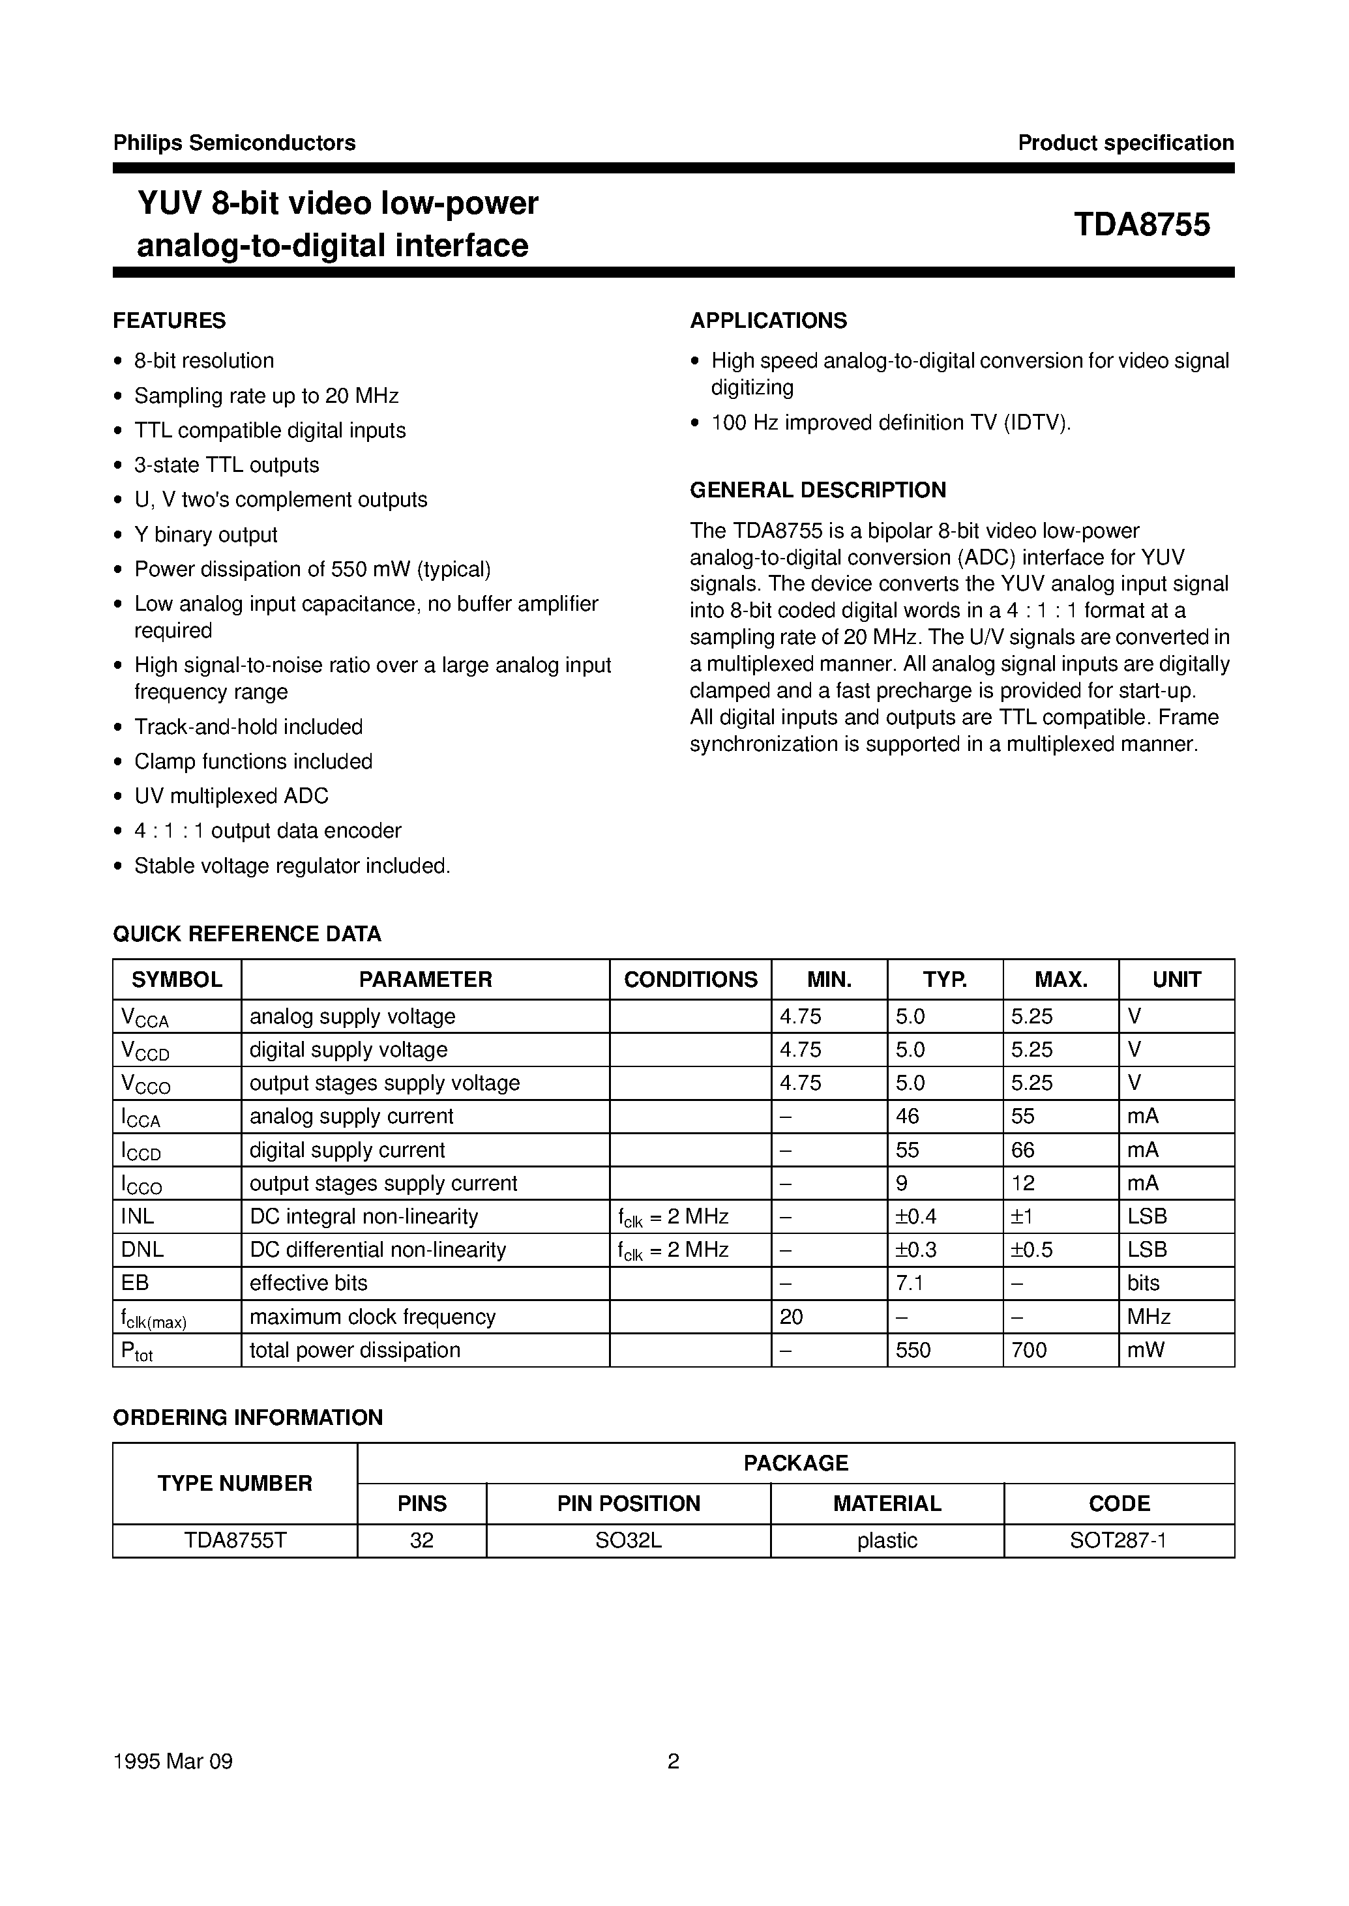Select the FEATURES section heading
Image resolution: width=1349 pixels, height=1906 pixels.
pyautogui.click(x=170, y=321)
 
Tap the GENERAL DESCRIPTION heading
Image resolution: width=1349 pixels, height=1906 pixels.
pyautogui.click(x=818, y=490)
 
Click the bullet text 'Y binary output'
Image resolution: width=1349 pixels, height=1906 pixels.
pyautogui.click(x=205, y=535)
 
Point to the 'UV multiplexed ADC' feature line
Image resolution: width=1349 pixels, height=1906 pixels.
pyautogui.click(x=231, y=796)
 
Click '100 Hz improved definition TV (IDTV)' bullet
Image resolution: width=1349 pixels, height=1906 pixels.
pyautogui.click(x=891, y=423)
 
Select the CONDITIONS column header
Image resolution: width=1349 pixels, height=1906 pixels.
pyautogui.click(x=690, y=979)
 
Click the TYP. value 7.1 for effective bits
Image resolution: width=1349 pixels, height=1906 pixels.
pyautogui.click(x=910, y=1283)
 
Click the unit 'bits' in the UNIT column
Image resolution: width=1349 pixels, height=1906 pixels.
pyautogui.click(x=1143, y=1283)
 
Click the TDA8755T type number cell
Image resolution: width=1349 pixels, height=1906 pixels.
pyautogui.click(x=235, y=1540)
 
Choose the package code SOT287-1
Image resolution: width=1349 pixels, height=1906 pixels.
pyautogui.click(x=1118, y=1540)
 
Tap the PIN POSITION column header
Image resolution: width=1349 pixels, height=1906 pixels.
pyautogui.click(x=628, y=1503)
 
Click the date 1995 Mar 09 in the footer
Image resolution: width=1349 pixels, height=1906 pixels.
pyautogui.click(x=173, y=1761)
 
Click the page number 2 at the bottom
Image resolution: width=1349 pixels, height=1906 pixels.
pyautogui.click(x=674, y=1761)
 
